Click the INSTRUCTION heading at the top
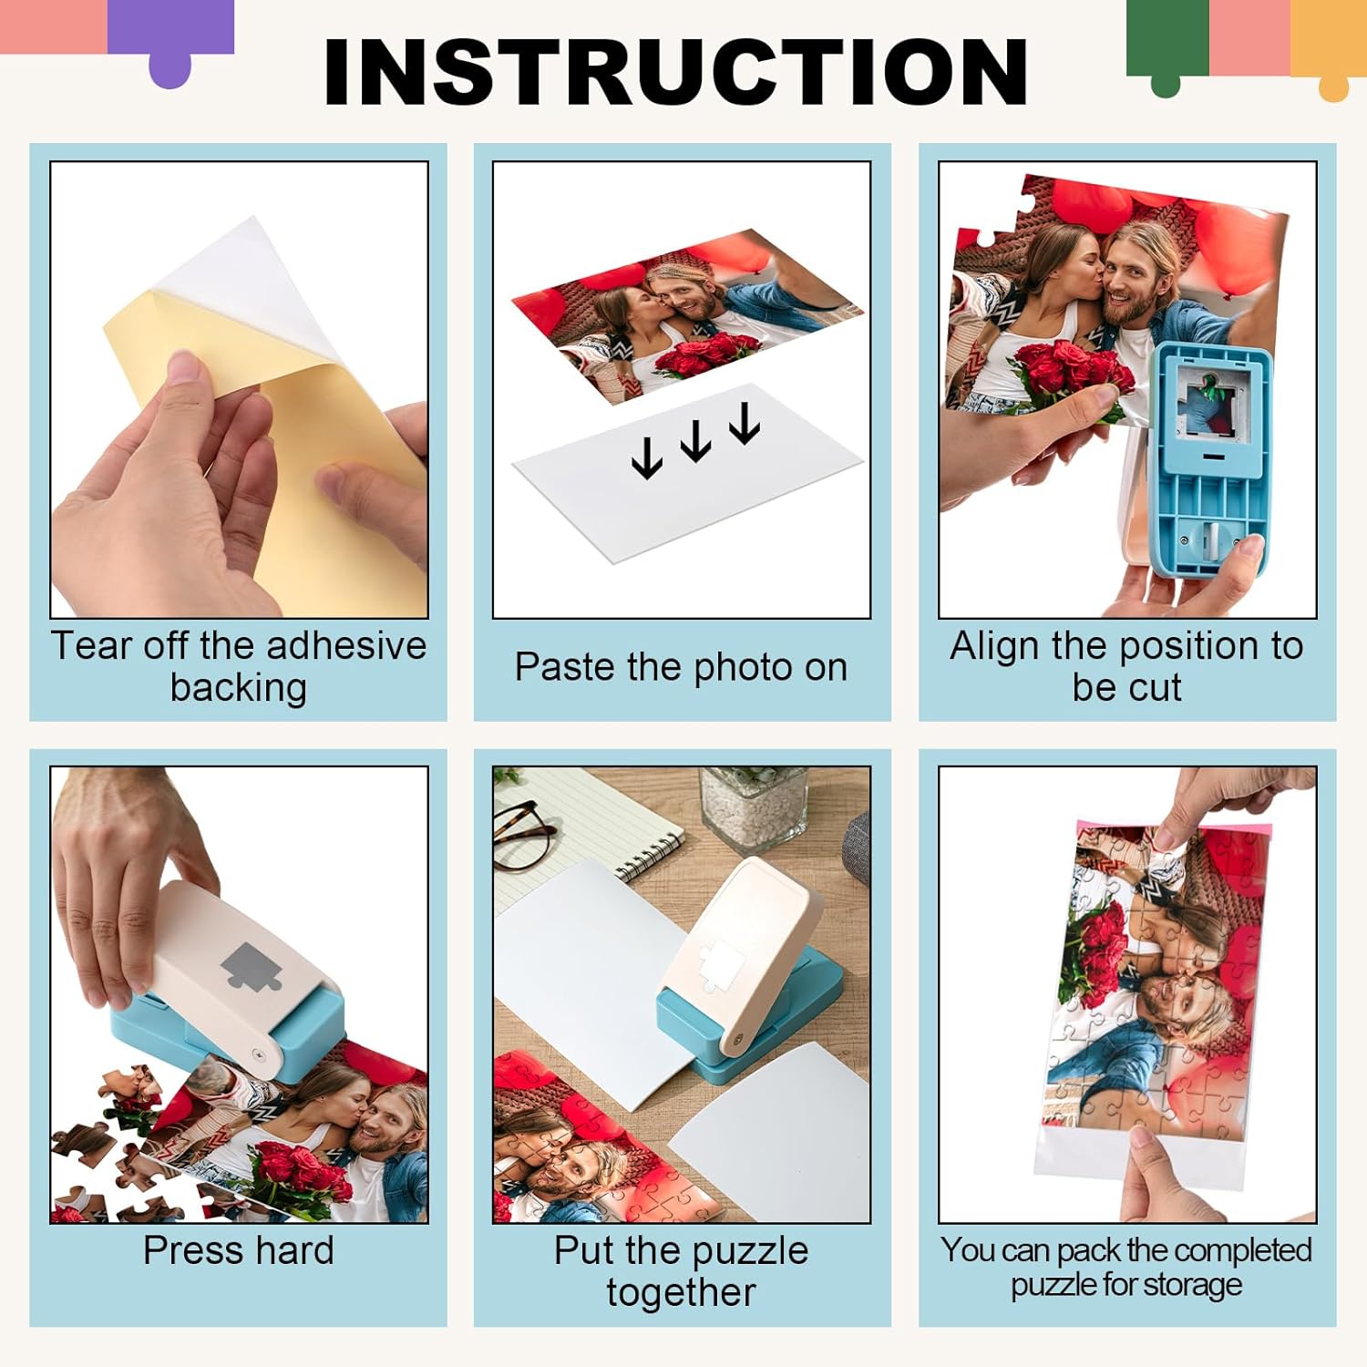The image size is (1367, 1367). click(x=675, y=73)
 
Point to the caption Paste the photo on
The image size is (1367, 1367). click(x=681, y=667)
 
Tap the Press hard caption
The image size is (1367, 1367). click(x=239, y=1250)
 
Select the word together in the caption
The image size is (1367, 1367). click(x=681, y=1292)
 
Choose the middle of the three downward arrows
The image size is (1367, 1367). click(x=696, y=440)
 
